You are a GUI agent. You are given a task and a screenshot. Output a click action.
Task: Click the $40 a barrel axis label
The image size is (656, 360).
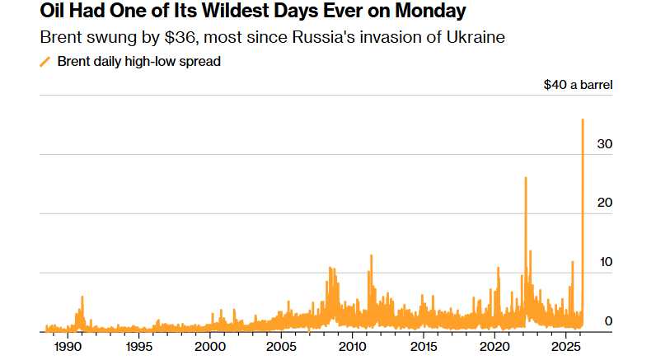tap(578, 84)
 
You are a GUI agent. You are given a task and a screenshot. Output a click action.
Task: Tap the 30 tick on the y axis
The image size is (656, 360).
tap(606, 143)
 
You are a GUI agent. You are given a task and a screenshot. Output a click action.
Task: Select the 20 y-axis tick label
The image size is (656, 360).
tap(606, 203)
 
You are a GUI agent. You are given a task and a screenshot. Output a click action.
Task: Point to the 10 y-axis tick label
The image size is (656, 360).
tap(606, 262)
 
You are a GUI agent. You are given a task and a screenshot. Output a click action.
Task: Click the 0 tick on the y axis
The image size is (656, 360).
tap(609, 321)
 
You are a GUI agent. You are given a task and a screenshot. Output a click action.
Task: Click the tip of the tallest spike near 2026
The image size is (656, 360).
tap(583, 119)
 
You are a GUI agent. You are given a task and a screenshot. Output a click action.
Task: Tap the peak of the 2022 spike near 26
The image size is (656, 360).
tap(526, 178)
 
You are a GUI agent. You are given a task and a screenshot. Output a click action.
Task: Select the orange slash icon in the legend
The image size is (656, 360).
tap(45, 62)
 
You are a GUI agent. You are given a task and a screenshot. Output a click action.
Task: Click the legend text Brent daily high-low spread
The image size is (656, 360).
tap(138, 62)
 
